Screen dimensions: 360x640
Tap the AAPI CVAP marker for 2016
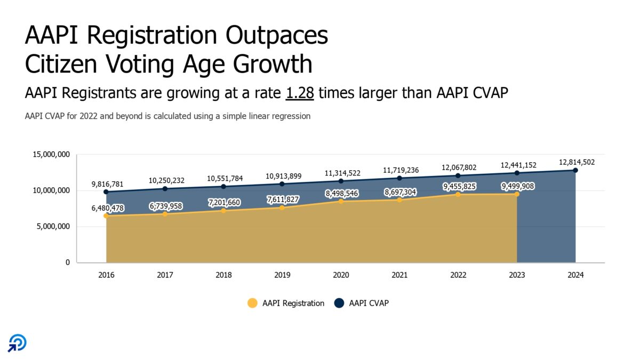pos(106,192)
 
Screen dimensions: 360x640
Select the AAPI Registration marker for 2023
pos(517,194)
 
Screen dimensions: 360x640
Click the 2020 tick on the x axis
pos(341,275)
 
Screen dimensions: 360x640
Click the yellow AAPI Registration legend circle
pos(252,303)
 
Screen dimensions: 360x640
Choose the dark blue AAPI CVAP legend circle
pos(339,303)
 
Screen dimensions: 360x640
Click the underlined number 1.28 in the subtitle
pos(300,93)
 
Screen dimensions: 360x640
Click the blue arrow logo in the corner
pos(17,343)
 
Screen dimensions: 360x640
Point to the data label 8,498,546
pos(341,194)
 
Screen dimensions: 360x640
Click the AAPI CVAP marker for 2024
pos(575,170)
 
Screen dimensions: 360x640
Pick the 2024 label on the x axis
pos(575,275)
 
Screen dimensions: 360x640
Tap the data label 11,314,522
pos(341,173)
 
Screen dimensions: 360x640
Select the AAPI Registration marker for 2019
pos(282,207)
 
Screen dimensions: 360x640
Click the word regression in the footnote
pos(292,116)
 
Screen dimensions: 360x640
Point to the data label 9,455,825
pos(458,187)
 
